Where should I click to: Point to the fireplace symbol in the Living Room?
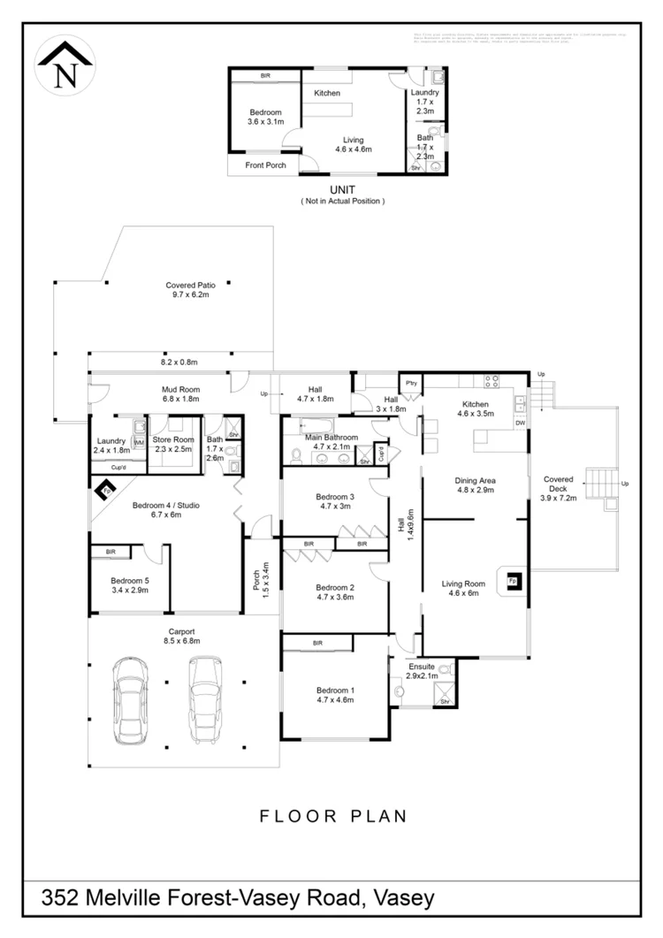point(514,580)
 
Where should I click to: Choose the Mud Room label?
point(180,389)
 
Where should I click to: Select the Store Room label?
point(172,438)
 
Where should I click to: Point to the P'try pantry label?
point(410,385)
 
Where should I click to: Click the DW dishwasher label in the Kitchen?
point(520,423)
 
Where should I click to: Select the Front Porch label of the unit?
point(264,165)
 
